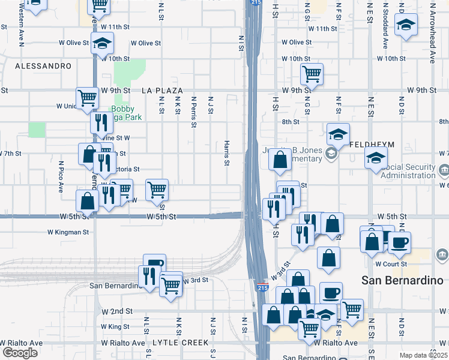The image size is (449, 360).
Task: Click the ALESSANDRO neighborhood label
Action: click(38, 65)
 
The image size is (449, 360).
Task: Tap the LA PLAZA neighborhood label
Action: click(162, 91)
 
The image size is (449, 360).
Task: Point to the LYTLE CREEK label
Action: click(175, 343)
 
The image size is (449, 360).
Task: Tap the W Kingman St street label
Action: click(68, 232)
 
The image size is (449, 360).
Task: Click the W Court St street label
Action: click(391, 263)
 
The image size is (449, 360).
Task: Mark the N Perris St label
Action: click(194, 112)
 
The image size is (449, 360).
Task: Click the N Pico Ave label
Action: click(61, 176)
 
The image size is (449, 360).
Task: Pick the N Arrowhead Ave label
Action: click(432, 34)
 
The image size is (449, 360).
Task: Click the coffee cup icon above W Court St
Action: click(399, 242)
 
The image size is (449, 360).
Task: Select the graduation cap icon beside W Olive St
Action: click(103, 43)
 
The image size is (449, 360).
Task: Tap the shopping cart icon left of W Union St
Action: click(88, 97)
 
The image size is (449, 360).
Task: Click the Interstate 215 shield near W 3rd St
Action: click(262, 287)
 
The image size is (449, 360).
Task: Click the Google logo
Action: click(20, 353)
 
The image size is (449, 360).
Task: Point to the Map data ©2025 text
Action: click(423, 355)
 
